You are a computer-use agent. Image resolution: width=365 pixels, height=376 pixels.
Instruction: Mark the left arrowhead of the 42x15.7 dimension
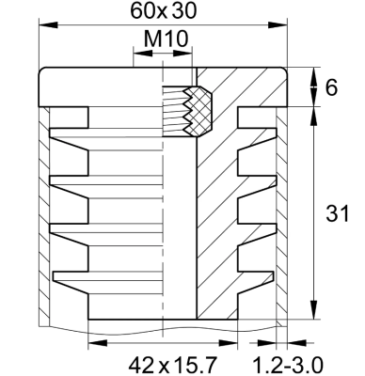coord(94,343)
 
